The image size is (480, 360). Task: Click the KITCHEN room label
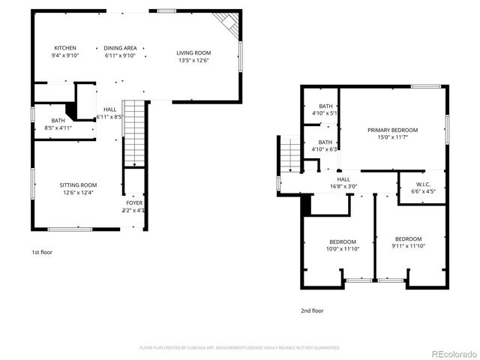(65, 48)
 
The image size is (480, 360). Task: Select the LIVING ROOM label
(193, 52)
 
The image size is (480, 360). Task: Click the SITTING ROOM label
(78, 185)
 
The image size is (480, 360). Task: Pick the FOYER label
(133, 202)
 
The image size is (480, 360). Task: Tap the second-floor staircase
(289, 154)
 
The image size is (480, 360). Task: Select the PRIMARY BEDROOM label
(392, 130)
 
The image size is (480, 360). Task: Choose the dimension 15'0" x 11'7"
(392, 137)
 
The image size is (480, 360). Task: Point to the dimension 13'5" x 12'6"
(193, 61)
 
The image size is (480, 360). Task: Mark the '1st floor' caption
(42, 253)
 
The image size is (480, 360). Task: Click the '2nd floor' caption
(312, 310)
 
